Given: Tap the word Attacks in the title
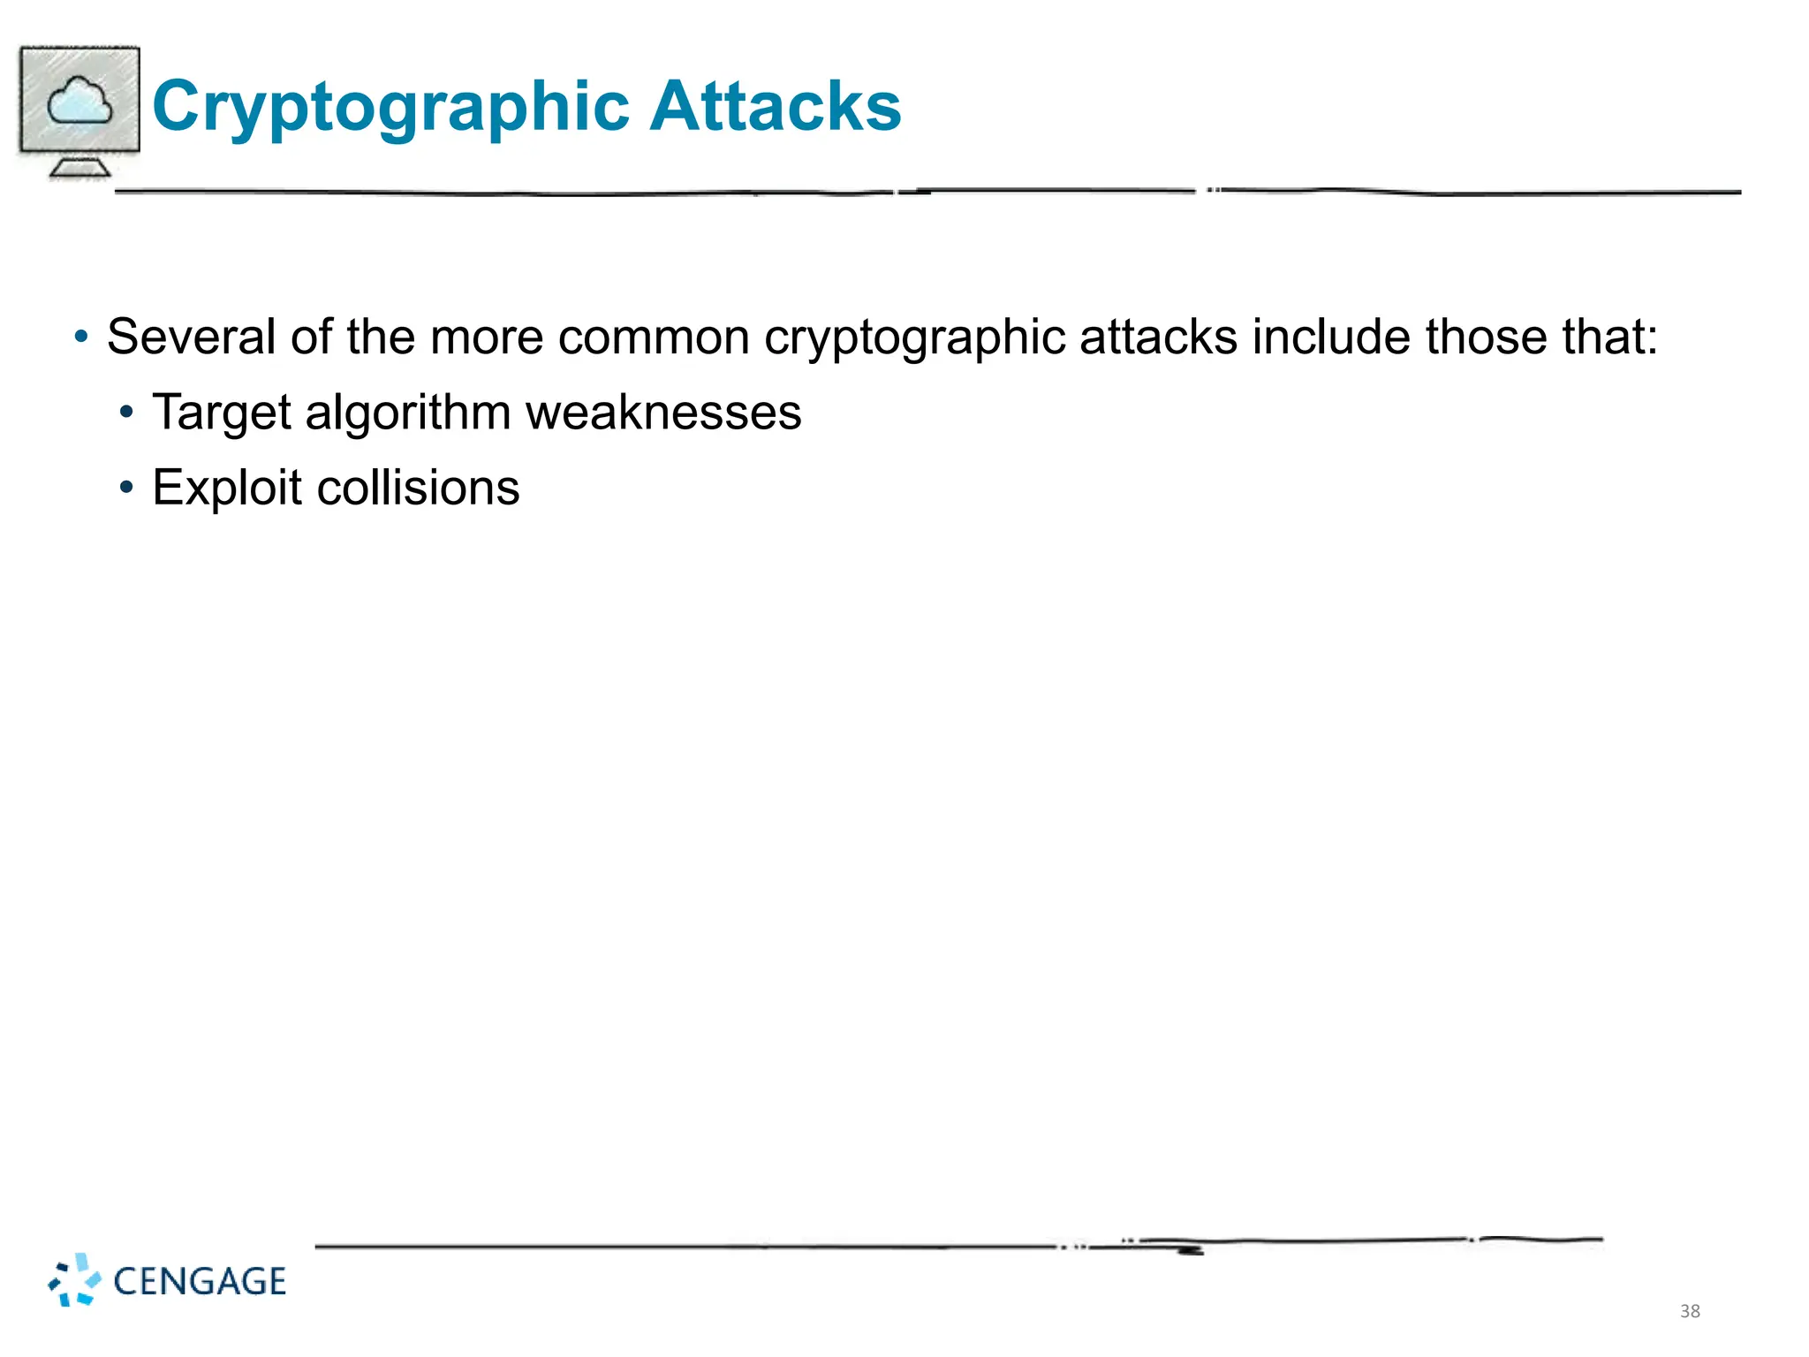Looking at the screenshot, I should [775, 106].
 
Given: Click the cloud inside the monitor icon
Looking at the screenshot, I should [79, 101].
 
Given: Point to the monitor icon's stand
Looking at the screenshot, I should [79, 166].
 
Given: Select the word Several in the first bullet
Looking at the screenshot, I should [191, 337].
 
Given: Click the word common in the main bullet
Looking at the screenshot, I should [654, 337].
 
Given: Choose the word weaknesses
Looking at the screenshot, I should [663, 413].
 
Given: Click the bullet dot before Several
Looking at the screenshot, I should [81, 337].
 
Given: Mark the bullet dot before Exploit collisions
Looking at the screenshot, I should [127, 488].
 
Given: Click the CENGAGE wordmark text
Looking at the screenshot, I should [200, 1281].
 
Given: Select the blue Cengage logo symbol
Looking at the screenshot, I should [74, 1279].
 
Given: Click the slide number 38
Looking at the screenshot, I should [1690, 1311].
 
